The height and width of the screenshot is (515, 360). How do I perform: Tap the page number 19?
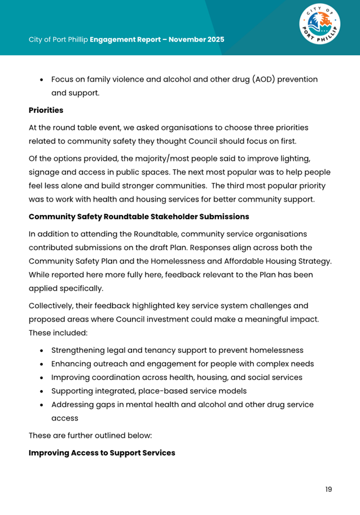tap(328, 489)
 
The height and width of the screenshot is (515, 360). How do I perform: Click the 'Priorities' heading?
tap(46, 110)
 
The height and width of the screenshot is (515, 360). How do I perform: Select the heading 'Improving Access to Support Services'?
tap(102, 453)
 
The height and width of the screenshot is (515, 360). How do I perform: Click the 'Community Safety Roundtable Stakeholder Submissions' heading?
tap(138, 216)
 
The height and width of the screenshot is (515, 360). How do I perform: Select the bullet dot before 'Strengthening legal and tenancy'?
tap(42, 351)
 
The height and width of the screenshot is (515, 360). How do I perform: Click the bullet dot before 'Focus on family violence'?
tap(42, 80)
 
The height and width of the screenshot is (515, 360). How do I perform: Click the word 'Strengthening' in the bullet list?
tap(79, 350)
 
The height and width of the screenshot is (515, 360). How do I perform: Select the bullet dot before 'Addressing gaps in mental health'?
tap(42, 405)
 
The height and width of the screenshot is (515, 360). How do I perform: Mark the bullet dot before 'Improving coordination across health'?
tap(42, 378)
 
